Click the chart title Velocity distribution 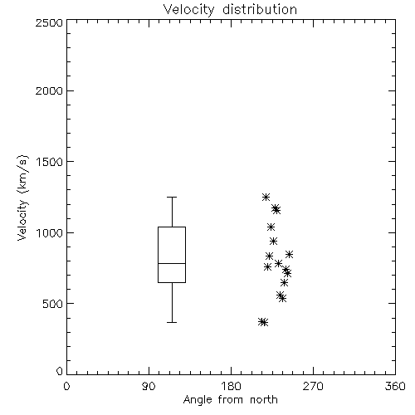pyautogui.click(x=230, y=10)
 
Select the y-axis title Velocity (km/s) pyautogui.click(x=22, y=198)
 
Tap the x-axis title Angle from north pyautogui.click(x=230, y=400)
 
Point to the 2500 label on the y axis pyautogui.click(x=49, y=22)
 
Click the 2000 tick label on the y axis pyautogui.click(x=49, y=90)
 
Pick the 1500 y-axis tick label pyautogui.click(x=49, y=162)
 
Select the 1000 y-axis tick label pyautogui.click(x=49, y=233)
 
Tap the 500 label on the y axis pyautogui.click(x=52, y=304)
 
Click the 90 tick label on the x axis pyautogui.click(x=149, y=386)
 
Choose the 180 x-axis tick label pyautogui.click(x=231, y=386)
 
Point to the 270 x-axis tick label pyautogui.click(x=313, y=386)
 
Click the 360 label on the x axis pyautogui.click(x=395, y=386)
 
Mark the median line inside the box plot pyautogui.click(x=172, y=263)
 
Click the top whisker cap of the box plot pyautogui.click(x=172, y=197)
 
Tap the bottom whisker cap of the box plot pyautogui.click(x=172, y=322)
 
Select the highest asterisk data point pyautogui.click(x=266, y=197)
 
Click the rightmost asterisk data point pyautogui.click(x=289, y=254)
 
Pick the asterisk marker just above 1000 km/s pyautogui.click(x=271, y=227)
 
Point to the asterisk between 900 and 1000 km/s pyautogui.click(x=273, y=241)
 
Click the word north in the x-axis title pyautogui.click(x=264, y=400)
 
